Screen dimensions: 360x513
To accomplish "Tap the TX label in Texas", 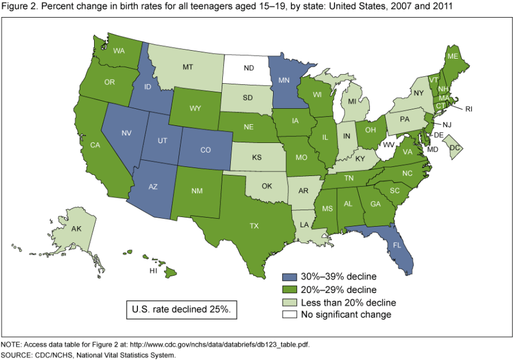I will [254, 226].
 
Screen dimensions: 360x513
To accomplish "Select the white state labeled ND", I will [249, 68].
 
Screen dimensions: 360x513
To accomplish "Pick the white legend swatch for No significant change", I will [290, 314].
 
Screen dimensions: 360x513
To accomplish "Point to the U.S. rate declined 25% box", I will [181, 310].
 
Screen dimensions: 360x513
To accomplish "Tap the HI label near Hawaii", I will [153, 271].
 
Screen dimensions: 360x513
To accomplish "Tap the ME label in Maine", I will [453, 56].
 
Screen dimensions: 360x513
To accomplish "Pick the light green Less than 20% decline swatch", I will [290, 301].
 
